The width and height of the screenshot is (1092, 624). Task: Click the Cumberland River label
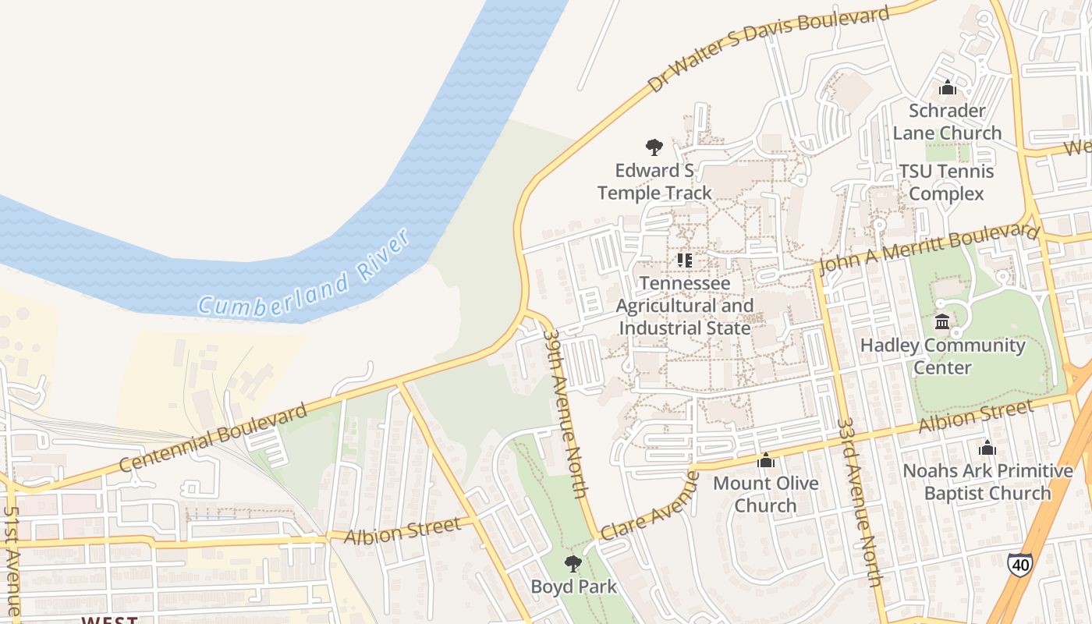click(x=304, y=272)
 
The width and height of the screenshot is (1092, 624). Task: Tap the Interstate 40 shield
click(x=1019, y=564)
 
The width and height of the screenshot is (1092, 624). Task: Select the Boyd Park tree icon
click(x=573, y=563)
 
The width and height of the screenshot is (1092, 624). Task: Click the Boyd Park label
click(x=573, y=587)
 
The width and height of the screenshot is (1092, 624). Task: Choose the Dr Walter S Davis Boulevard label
click(x=768, y=48)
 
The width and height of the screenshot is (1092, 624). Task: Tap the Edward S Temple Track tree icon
click(x=654, y=147)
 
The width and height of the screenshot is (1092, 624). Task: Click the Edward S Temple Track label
click(x=654, y=182)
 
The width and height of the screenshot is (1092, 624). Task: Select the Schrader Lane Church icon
click(x=948, y=87)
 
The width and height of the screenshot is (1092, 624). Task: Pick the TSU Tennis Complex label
click(x=947, y=183)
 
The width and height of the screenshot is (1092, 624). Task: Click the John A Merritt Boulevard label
click(x=930, y=249)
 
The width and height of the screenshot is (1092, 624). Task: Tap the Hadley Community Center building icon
click(x=942, y=321)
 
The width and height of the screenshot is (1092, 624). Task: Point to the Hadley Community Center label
click(x=942, y=356)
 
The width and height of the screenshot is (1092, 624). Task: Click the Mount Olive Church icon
click(x=766, y=460)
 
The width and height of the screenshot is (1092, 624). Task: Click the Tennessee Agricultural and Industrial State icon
click(x=685, y=260)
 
